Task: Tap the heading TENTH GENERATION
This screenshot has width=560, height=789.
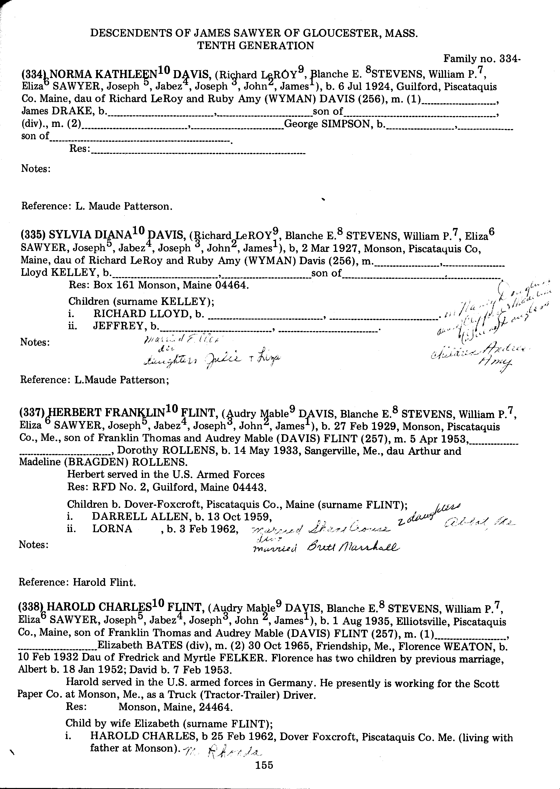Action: click(x=256, y=45)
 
